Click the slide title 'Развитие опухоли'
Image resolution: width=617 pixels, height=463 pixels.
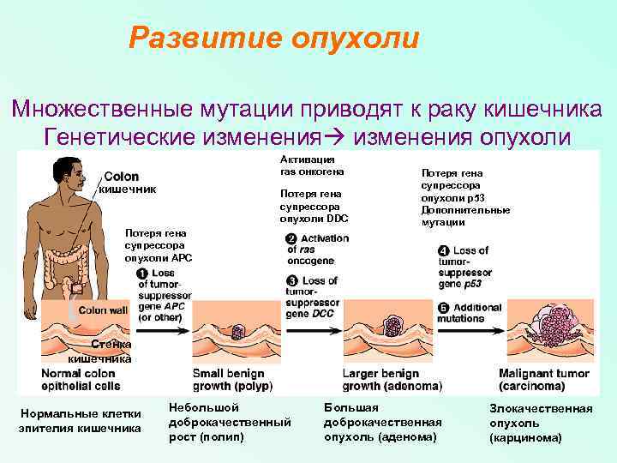pyautogui.click(x=274, y=38)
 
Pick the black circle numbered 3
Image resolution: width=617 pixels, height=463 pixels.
pyautogui.click(x=291, y=280)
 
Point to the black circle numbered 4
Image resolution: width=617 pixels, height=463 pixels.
pyautogui.click(x=443, y=250)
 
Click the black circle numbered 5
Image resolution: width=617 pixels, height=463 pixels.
pyautogui.click(x=443, y=308)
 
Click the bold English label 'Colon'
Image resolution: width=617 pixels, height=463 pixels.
pyautogui.click(x=122, y=177)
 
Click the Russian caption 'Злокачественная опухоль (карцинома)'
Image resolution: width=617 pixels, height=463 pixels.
pyautogui.click(x=540, y=423)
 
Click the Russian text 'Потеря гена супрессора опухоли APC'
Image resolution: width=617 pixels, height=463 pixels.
pyautogui.click(x=159, y=244)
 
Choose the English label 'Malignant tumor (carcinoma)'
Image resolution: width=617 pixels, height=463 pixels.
pyautogui.click(x=545, y=380)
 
